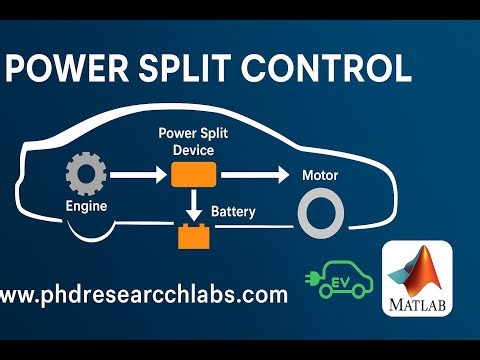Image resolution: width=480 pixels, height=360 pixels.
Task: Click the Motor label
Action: (321, 176)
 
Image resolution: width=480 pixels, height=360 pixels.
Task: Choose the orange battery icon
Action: (191, 237)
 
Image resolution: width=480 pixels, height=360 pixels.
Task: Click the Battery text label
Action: (235, 212)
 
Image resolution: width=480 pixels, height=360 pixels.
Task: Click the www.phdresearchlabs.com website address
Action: (144, 295)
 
